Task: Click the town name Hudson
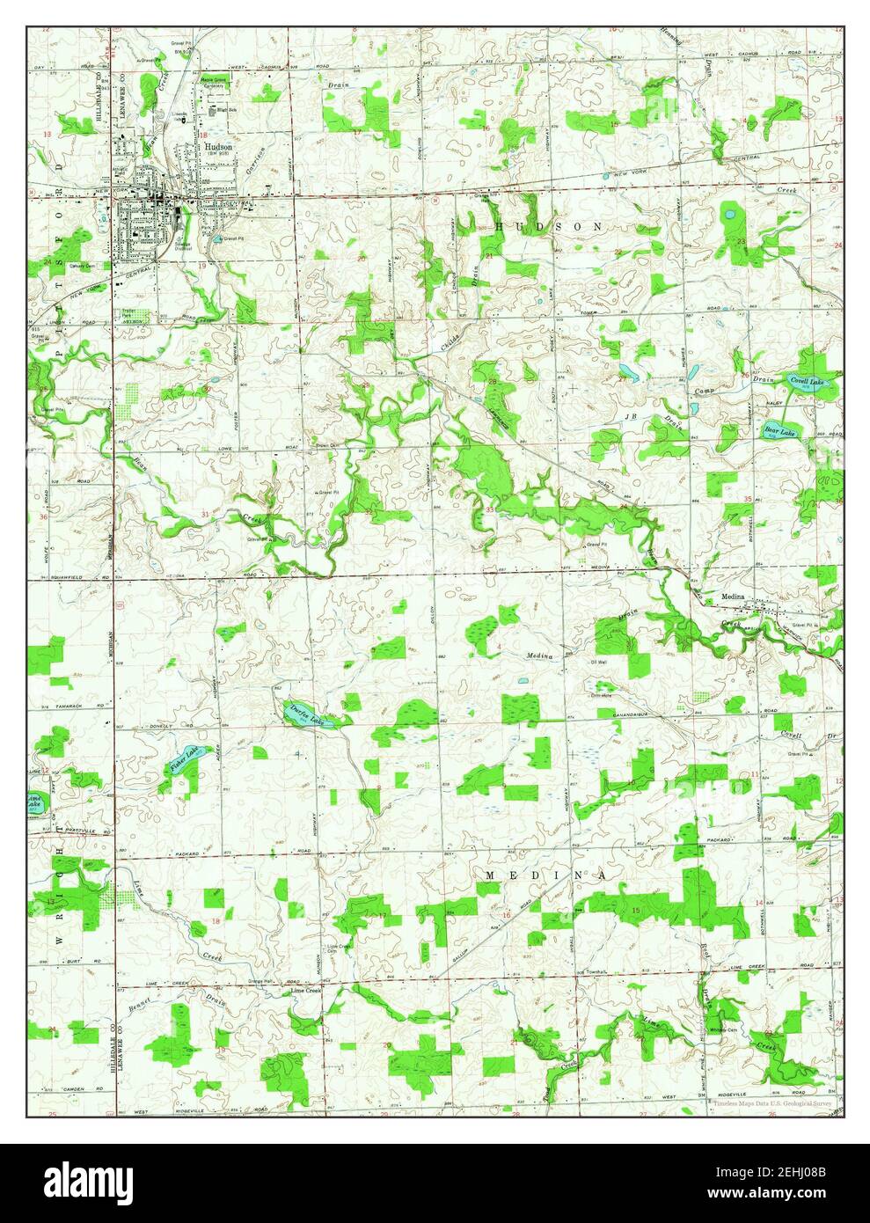pyautogui.click(x=217, y=147)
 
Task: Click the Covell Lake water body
pyautogui.click(x=806, y=382)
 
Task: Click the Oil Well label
pyautogui.click(x=599, y=663)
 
